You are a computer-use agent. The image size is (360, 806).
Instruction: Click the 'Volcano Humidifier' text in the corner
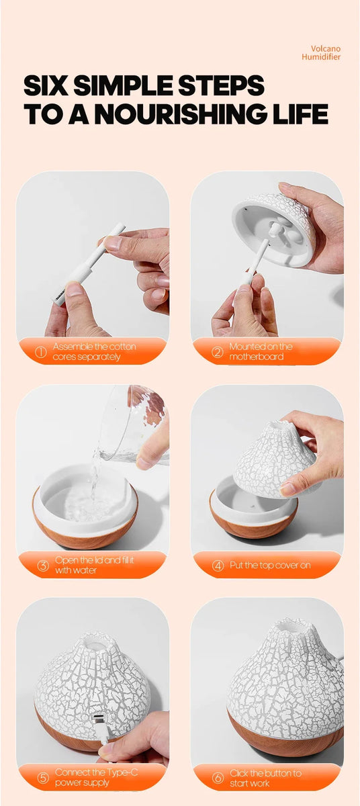325,52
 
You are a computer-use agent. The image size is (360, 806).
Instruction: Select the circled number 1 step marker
40,352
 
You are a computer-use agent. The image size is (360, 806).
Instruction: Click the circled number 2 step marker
217,352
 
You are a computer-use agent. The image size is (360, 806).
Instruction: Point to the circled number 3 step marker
42,566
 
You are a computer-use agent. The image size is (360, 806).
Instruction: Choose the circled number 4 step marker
218,566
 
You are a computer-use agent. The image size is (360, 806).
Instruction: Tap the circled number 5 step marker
42,778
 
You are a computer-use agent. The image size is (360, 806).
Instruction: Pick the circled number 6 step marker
218,778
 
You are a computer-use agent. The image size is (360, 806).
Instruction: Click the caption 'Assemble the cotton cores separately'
94,352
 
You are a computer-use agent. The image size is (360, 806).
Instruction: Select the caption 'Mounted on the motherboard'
261,352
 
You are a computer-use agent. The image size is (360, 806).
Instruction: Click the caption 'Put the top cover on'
270,566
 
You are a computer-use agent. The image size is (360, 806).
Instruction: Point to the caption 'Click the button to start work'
265,778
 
